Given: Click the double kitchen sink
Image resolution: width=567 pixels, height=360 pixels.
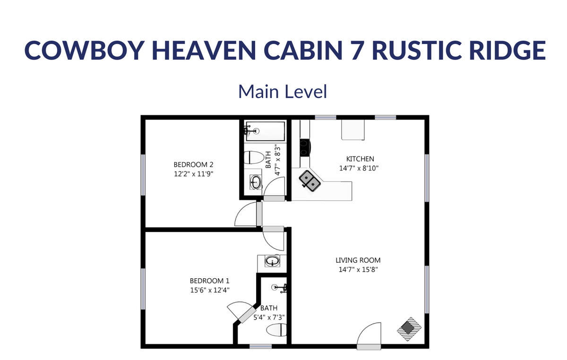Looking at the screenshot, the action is tap(309, 181).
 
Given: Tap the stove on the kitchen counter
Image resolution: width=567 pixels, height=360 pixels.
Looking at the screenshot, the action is tap(305, 147).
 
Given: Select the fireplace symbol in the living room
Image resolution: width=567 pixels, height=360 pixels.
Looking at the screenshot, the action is tap(409, 329).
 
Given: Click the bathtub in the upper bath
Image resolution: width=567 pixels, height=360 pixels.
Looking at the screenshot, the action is tap(265, 131).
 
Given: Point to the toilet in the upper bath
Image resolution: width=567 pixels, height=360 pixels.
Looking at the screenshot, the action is tap(254, 157).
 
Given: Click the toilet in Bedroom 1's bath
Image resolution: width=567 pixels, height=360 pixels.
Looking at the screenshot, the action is tap(276, 330).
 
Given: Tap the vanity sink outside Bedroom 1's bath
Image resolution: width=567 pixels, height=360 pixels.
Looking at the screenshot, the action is tap(272, 261).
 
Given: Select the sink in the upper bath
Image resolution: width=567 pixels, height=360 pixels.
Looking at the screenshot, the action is tap(256, 182).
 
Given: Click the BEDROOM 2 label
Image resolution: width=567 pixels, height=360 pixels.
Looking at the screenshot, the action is tap(193, 165).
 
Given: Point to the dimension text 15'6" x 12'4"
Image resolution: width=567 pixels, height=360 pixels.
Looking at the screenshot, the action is tap(210, 290).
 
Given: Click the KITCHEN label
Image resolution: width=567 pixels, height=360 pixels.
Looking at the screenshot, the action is tap(360, 159).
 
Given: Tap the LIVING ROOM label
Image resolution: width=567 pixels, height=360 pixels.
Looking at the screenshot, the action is tap(358, 260).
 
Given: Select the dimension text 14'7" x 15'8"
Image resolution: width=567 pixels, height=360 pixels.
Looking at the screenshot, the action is tap(358, 270).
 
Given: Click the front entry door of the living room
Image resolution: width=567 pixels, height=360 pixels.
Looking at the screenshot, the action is tap(369, 336).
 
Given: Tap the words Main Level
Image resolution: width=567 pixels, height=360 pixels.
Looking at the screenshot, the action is tap(283, 92).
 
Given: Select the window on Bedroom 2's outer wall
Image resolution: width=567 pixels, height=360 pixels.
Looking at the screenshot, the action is tap(143, 175).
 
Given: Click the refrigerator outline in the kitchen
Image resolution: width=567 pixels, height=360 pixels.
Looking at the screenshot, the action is tap(353, 129).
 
